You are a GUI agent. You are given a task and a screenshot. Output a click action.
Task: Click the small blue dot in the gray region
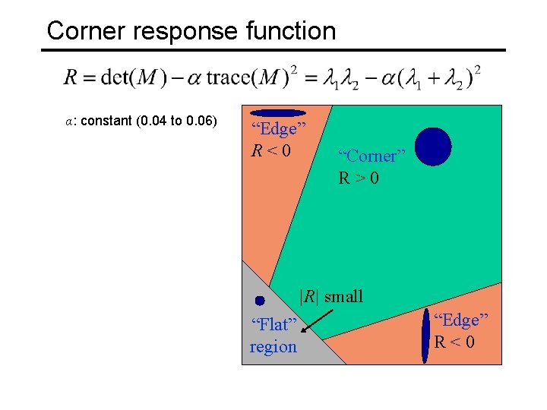260,301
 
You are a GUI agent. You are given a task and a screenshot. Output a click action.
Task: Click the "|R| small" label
331,296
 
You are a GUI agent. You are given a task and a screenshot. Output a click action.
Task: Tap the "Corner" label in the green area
372,156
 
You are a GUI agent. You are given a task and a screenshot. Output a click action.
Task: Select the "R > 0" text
359,179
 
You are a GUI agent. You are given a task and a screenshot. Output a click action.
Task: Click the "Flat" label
273,325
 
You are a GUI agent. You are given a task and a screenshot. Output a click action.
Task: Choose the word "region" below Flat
273,347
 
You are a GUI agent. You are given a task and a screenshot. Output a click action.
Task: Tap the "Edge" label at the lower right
460,320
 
